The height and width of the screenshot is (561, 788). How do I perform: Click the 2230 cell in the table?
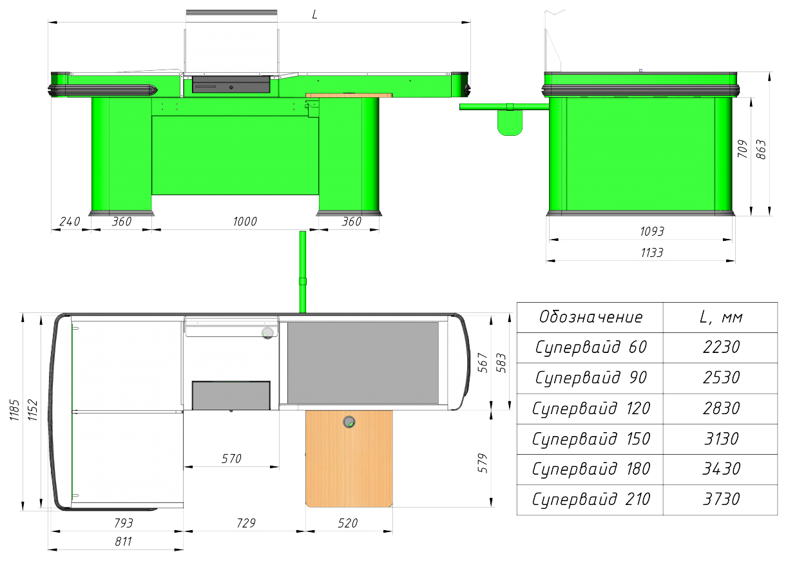(x=721, y=347)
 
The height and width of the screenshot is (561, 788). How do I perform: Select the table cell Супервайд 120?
(x=591, y=408)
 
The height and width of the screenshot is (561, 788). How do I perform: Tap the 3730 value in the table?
(x=721, y=499)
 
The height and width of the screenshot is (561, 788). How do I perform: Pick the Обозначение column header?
(x=591, y=317)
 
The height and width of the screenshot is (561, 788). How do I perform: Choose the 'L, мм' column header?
(x=721, y=317)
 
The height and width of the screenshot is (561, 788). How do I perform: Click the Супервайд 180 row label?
(x=591, y=469)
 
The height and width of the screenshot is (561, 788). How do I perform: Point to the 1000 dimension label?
(x=245, y=222)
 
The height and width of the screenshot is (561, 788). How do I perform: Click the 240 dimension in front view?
(x=70, y=222)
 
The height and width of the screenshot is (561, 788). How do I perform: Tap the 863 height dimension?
(x=760, y=149)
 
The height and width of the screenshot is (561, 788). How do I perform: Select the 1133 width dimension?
(x=652, y=252)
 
